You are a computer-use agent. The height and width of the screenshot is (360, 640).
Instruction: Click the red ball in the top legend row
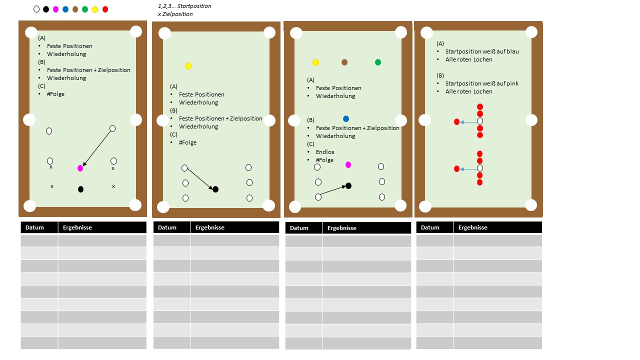(x=105, y=9)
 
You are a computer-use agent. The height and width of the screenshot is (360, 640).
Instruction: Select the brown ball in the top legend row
(x=75, y=9)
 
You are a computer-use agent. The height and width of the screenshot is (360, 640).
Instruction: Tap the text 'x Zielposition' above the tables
(x=175, y=14)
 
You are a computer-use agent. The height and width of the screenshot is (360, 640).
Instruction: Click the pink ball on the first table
(x=80, y=168)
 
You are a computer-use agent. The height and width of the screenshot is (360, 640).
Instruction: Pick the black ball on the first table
(x=81, y=189)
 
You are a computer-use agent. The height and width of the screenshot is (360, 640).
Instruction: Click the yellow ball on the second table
(x=188, y=66)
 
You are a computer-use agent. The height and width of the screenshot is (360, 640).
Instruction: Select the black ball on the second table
(x=215, y=189)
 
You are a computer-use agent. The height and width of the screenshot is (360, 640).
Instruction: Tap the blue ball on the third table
(x=346, y=118)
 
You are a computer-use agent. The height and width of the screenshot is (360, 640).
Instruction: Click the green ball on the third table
(x=378, y=62)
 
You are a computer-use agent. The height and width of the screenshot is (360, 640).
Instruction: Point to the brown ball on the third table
(x=344, y=62)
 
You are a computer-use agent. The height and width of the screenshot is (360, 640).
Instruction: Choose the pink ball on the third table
(x=348, y=165)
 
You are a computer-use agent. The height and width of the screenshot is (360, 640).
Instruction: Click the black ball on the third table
(x=348, y=186)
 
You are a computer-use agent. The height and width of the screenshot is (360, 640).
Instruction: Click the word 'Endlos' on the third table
(x=325, y=152)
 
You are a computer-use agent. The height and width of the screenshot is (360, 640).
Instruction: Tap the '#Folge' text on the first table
(x=55, y=94)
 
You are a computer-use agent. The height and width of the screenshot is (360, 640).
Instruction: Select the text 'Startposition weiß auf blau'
(x=482, y=51)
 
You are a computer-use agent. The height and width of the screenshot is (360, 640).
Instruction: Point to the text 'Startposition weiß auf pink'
(x=481, y=83)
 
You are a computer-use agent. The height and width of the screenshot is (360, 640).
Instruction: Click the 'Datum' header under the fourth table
(x=430, y=227)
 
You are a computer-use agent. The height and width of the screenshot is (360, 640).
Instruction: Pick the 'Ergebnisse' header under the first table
(x=77, y=227)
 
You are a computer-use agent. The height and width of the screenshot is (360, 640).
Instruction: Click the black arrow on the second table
(x=200, y=179)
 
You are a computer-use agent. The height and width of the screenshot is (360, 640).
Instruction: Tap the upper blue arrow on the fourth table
(x=468, y=122)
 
